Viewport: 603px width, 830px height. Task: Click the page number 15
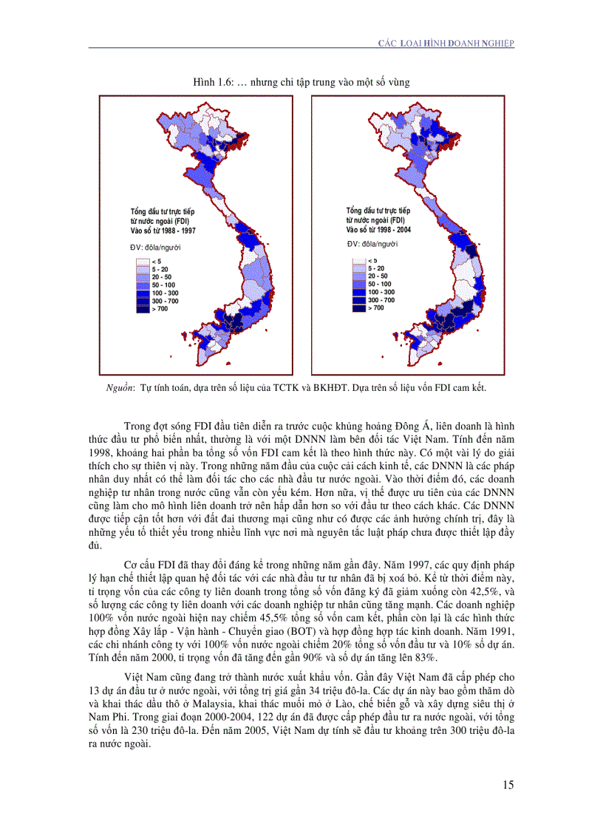coord(507,785)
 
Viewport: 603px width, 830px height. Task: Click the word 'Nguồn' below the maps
coord(120,387)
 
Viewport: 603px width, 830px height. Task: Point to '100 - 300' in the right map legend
coord(381,292)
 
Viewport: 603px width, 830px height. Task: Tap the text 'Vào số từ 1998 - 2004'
coord(378,229)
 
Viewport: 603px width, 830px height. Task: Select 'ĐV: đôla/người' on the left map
coord(155,247)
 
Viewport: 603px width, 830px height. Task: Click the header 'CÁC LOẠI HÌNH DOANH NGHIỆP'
coord(446,44)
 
